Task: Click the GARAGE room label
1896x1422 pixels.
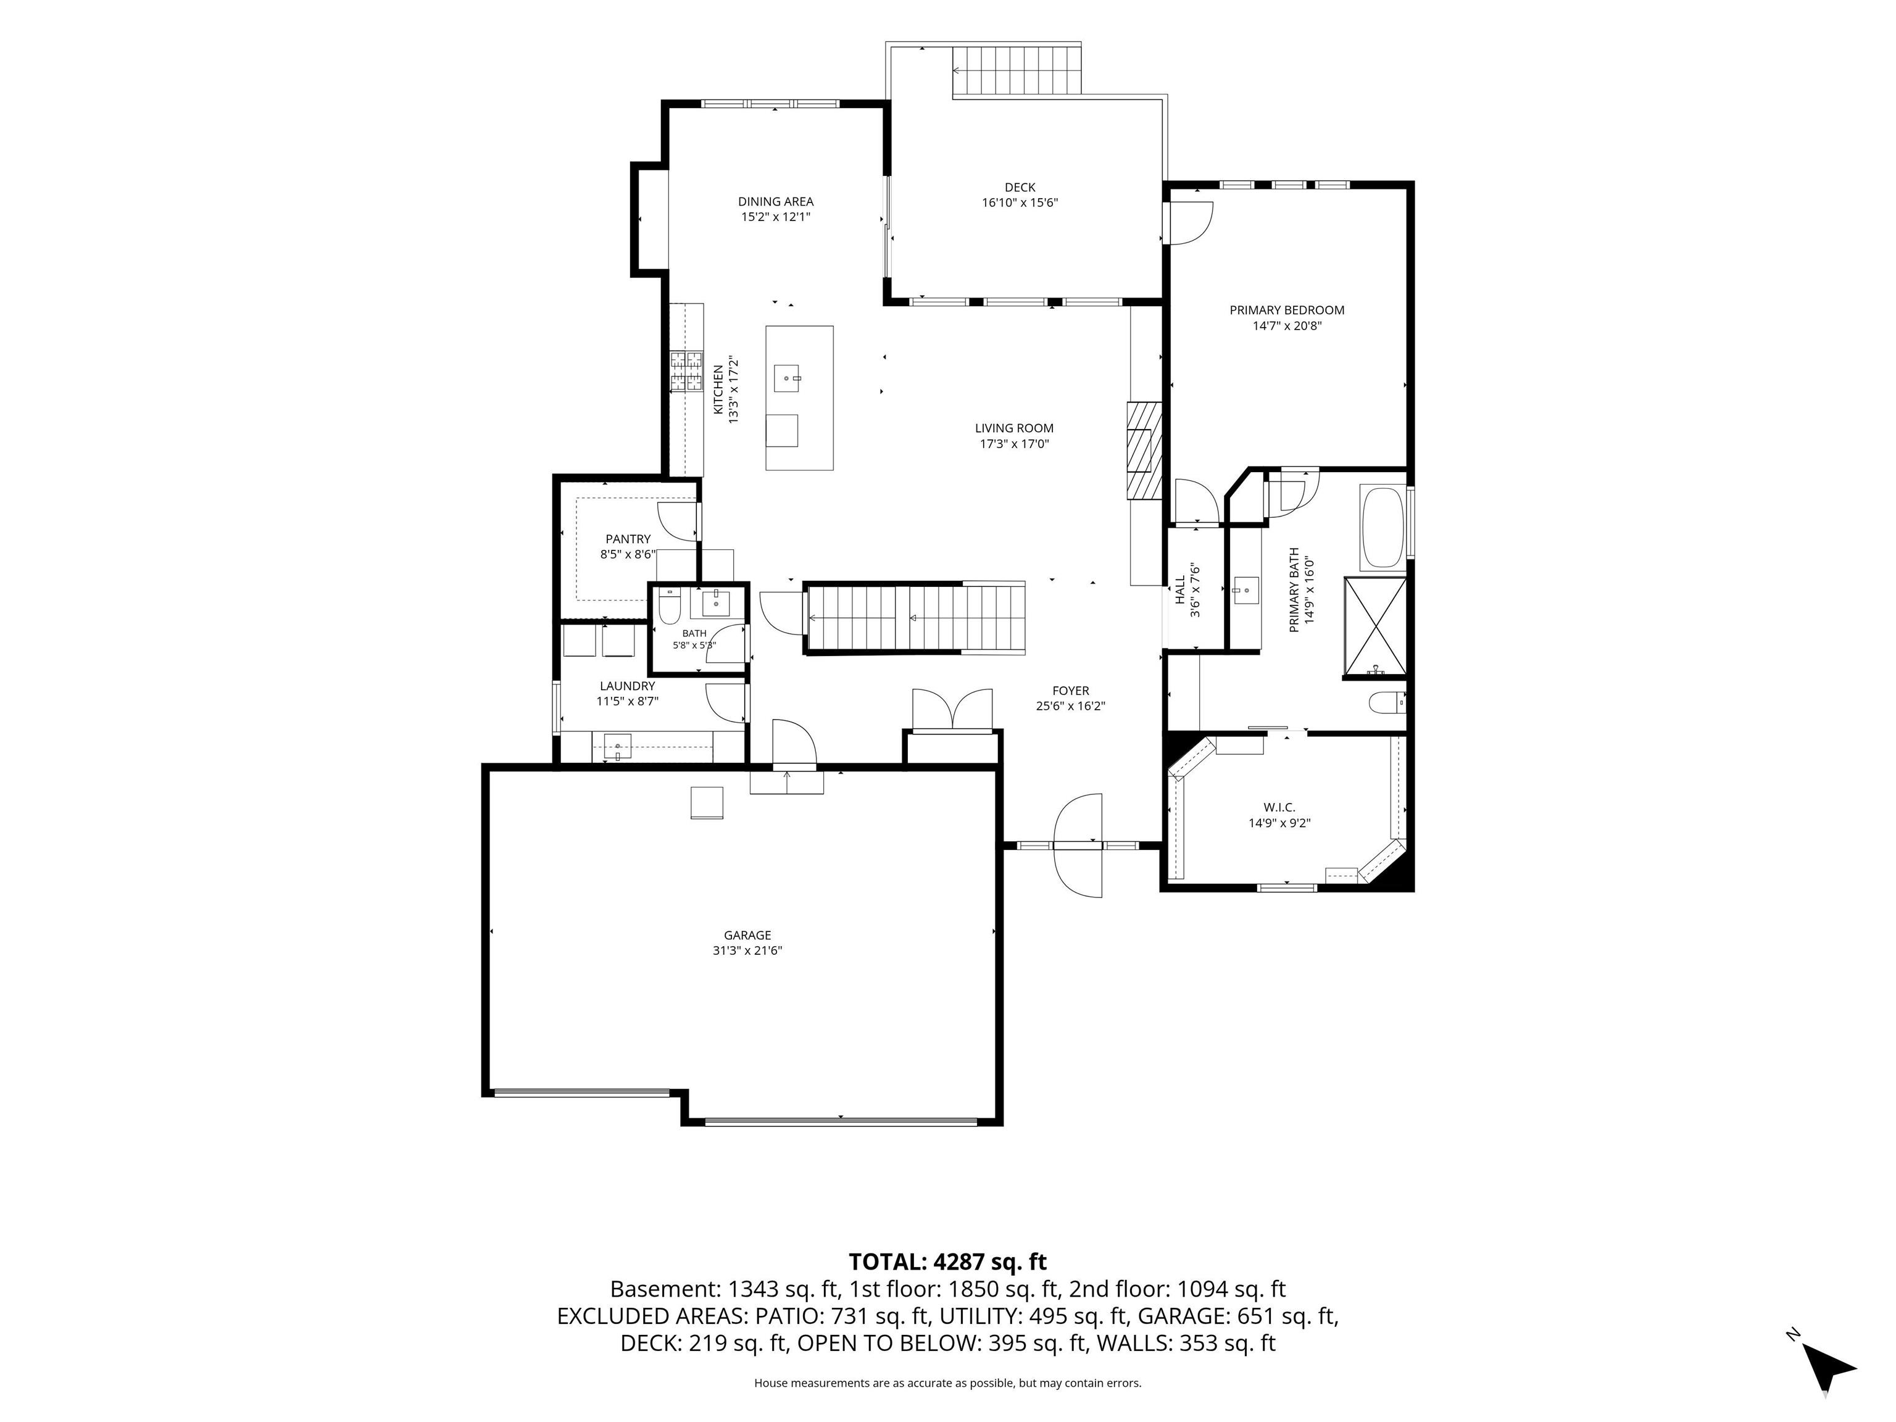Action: click(x=747, y=935)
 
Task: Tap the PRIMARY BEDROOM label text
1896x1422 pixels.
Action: click(x=1287, y=310)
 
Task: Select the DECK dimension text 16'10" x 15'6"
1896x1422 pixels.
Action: click(x=1020, y=203)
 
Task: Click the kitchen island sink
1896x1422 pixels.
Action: click(x=787, y=378)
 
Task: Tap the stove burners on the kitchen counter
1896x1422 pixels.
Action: click(x=686, y=371)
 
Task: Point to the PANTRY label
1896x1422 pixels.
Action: click(x=628, y=539)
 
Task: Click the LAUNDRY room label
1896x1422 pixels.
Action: click(x=628, y=686)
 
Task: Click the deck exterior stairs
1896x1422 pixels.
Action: click(x=1017, y=70)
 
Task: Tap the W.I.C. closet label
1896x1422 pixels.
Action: click(x=1279, y=807)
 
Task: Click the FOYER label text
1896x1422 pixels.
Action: click(x=1071, y=691)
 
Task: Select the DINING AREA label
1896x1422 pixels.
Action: click(x=776, y=201)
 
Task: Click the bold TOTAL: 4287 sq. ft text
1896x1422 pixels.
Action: click(x=948, y=1262)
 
